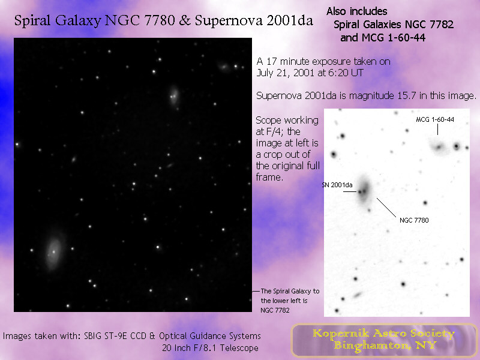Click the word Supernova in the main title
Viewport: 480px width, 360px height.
point(228,21)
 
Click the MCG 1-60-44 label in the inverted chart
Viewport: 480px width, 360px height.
point(434,119)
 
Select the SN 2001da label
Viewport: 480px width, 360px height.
point(337,185)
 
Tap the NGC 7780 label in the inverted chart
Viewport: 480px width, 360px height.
point(414,220)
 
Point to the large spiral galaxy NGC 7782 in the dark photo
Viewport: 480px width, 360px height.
point(53,251)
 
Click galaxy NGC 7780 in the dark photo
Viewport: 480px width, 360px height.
point(174,95)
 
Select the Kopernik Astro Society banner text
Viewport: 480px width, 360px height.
point(383,334)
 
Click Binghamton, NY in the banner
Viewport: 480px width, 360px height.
point(385,346)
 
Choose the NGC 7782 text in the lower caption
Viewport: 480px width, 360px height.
point(275,310)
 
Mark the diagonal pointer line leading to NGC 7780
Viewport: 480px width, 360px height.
point(386,208)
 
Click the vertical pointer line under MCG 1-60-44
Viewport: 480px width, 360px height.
point(437,130)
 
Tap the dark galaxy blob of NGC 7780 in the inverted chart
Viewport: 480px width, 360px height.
point(364,190)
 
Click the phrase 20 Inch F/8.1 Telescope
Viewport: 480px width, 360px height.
point(211,348)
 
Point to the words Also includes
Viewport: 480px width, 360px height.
point(357,11)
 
